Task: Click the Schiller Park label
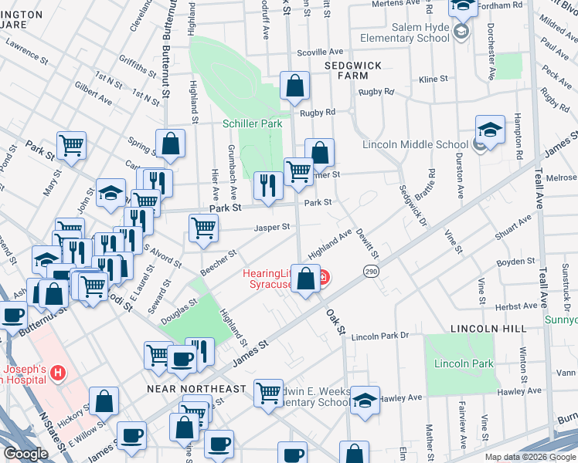click(253, 123)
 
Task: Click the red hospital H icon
click(56, 374)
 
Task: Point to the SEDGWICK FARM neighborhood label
click(353, 71)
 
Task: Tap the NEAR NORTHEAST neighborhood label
click(196, 389)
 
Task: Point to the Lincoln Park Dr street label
click(379, 337)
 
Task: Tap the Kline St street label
click(433, 79)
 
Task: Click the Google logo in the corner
click(26, 454)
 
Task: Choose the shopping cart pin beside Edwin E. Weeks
click(268, 392)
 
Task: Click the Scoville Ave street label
click(314, 52)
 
